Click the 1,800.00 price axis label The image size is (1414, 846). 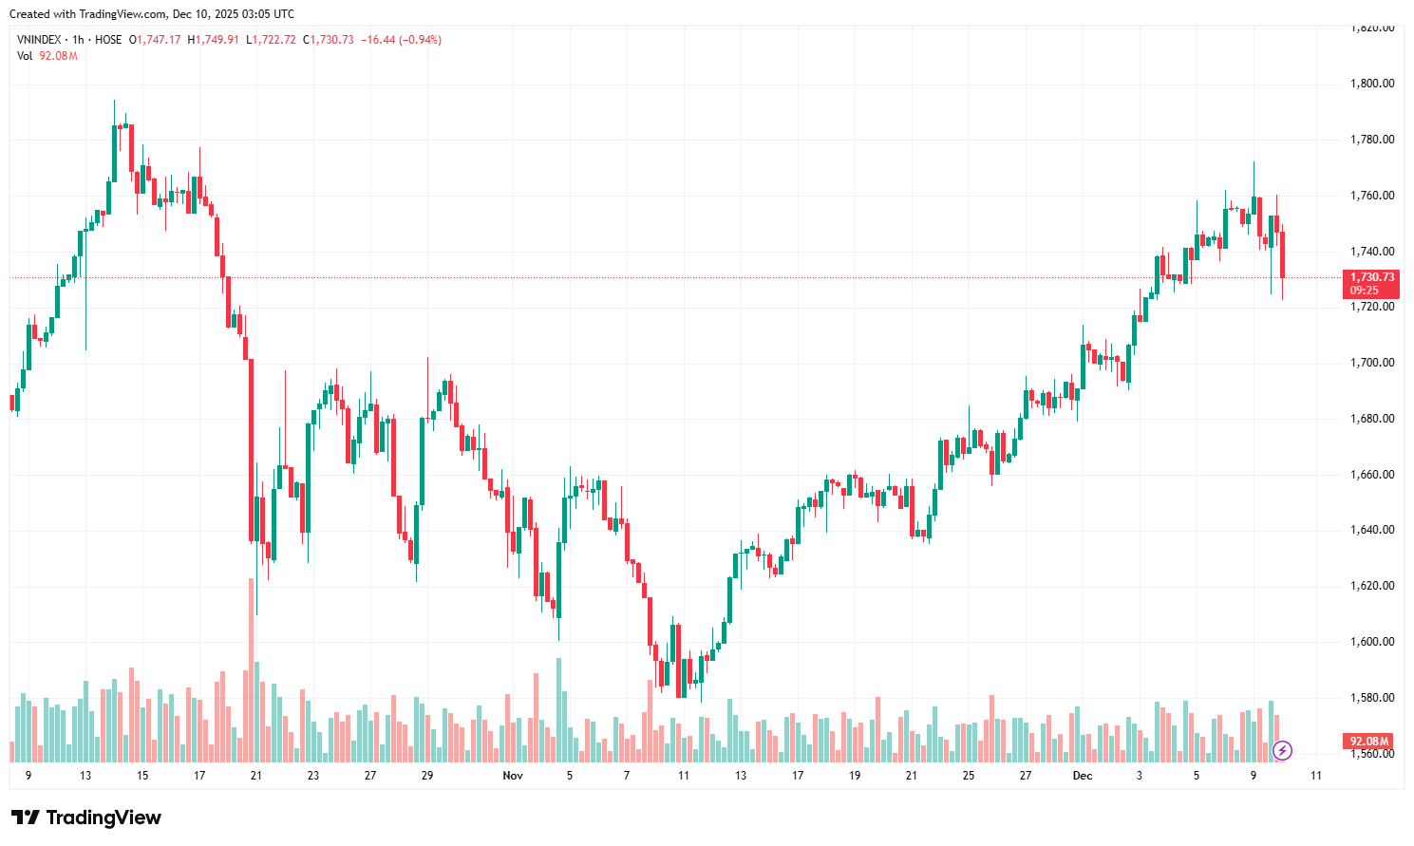pyautogui.click(x=1371, y=84)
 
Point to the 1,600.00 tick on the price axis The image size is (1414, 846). pyautogui.click(x=1371, y=642)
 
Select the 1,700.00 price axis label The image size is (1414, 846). pyautogui.click(x=1371, y=363)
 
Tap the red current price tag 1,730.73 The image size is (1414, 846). pyautogui.click(x=1372, y=277)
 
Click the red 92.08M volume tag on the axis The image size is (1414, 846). pyautogui.click(x=1369, y=742)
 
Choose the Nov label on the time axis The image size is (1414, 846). pyautogui.click(x=513, y=776)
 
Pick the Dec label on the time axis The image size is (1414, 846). pyautogui.click(x=1083, y=776)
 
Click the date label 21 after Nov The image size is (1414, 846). pyautogui.click(x=912, y=776)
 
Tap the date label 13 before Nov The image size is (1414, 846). pyautogui.click(x=85, y=776)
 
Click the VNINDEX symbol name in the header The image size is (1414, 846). pyautogui.click(x=39, y=40)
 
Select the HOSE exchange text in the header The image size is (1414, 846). pyautogui.click(x=108, y=40)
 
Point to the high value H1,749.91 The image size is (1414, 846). pyautogui.click(x=214, y=40)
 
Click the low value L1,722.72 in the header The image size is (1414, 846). pyautogui.click(x=272, y=40)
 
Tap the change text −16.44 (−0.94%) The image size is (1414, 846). pyautogui.click(x=401, y=40)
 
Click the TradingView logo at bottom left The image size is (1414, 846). pyautogui.click(x=86, y=818)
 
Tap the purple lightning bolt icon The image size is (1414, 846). pyautogui.click(x=1282, y=751)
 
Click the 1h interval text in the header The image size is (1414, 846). pyautogui.click(x=78, y=40)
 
